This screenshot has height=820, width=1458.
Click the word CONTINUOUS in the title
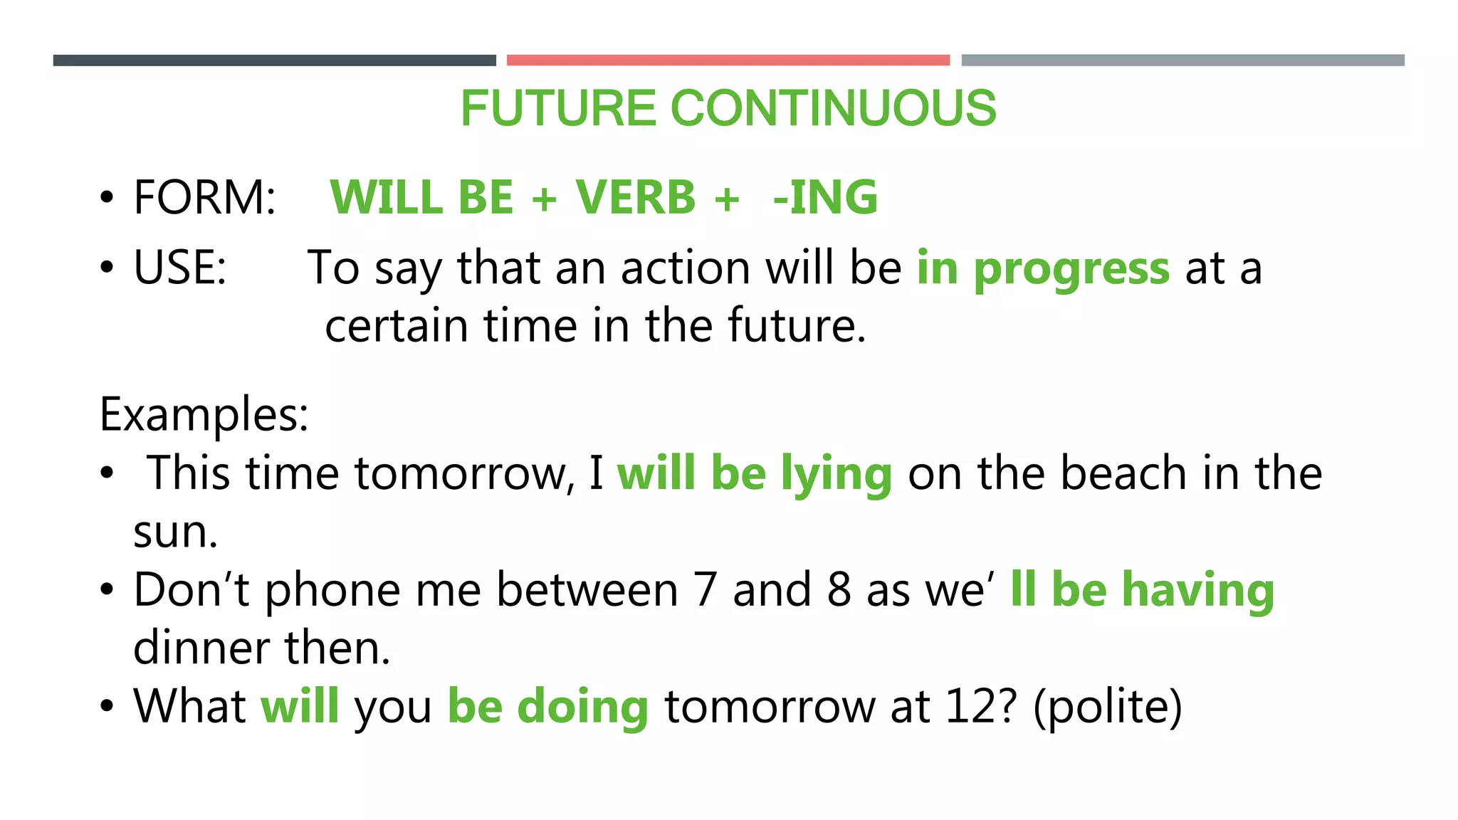[833, 108]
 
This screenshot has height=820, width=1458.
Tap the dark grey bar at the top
[274, 61]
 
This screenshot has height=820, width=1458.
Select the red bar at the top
[728, 61]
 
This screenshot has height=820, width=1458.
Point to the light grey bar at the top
[1182, 61]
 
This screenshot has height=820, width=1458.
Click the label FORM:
[204, 197]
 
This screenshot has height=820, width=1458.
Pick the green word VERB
[635, 197]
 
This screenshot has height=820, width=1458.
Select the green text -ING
[825, 197]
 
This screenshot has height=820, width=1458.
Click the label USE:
[179, 268]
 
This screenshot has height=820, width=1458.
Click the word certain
[396, 326]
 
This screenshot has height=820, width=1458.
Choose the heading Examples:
[204, 414]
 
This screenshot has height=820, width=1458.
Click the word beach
[1123, 473]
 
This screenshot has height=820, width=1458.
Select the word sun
[174, 532]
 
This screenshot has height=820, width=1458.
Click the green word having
[1197, 590]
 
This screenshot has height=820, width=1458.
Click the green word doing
[582, 708]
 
